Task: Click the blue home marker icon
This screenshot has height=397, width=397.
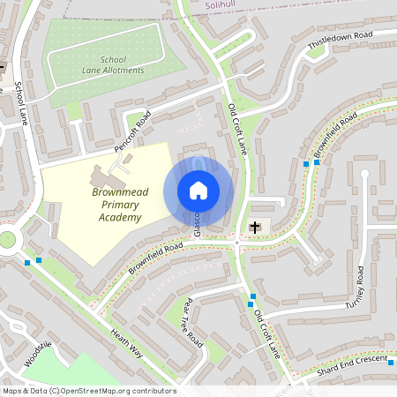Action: [198, 191]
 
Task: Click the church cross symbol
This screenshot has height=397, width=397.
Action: [255, 228]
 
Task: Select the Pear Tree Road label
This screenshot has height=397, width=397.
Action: [191, 322]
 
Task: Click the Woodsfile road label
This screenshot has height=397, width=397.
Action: [40, 356]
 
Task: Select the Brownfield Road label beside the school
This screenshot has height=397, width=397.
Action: [154, 257]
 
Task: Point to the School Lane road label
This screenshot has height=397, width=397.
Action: [20, 104]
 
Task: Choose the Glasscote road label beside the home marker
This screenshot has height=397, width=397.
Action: [198, 222]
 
